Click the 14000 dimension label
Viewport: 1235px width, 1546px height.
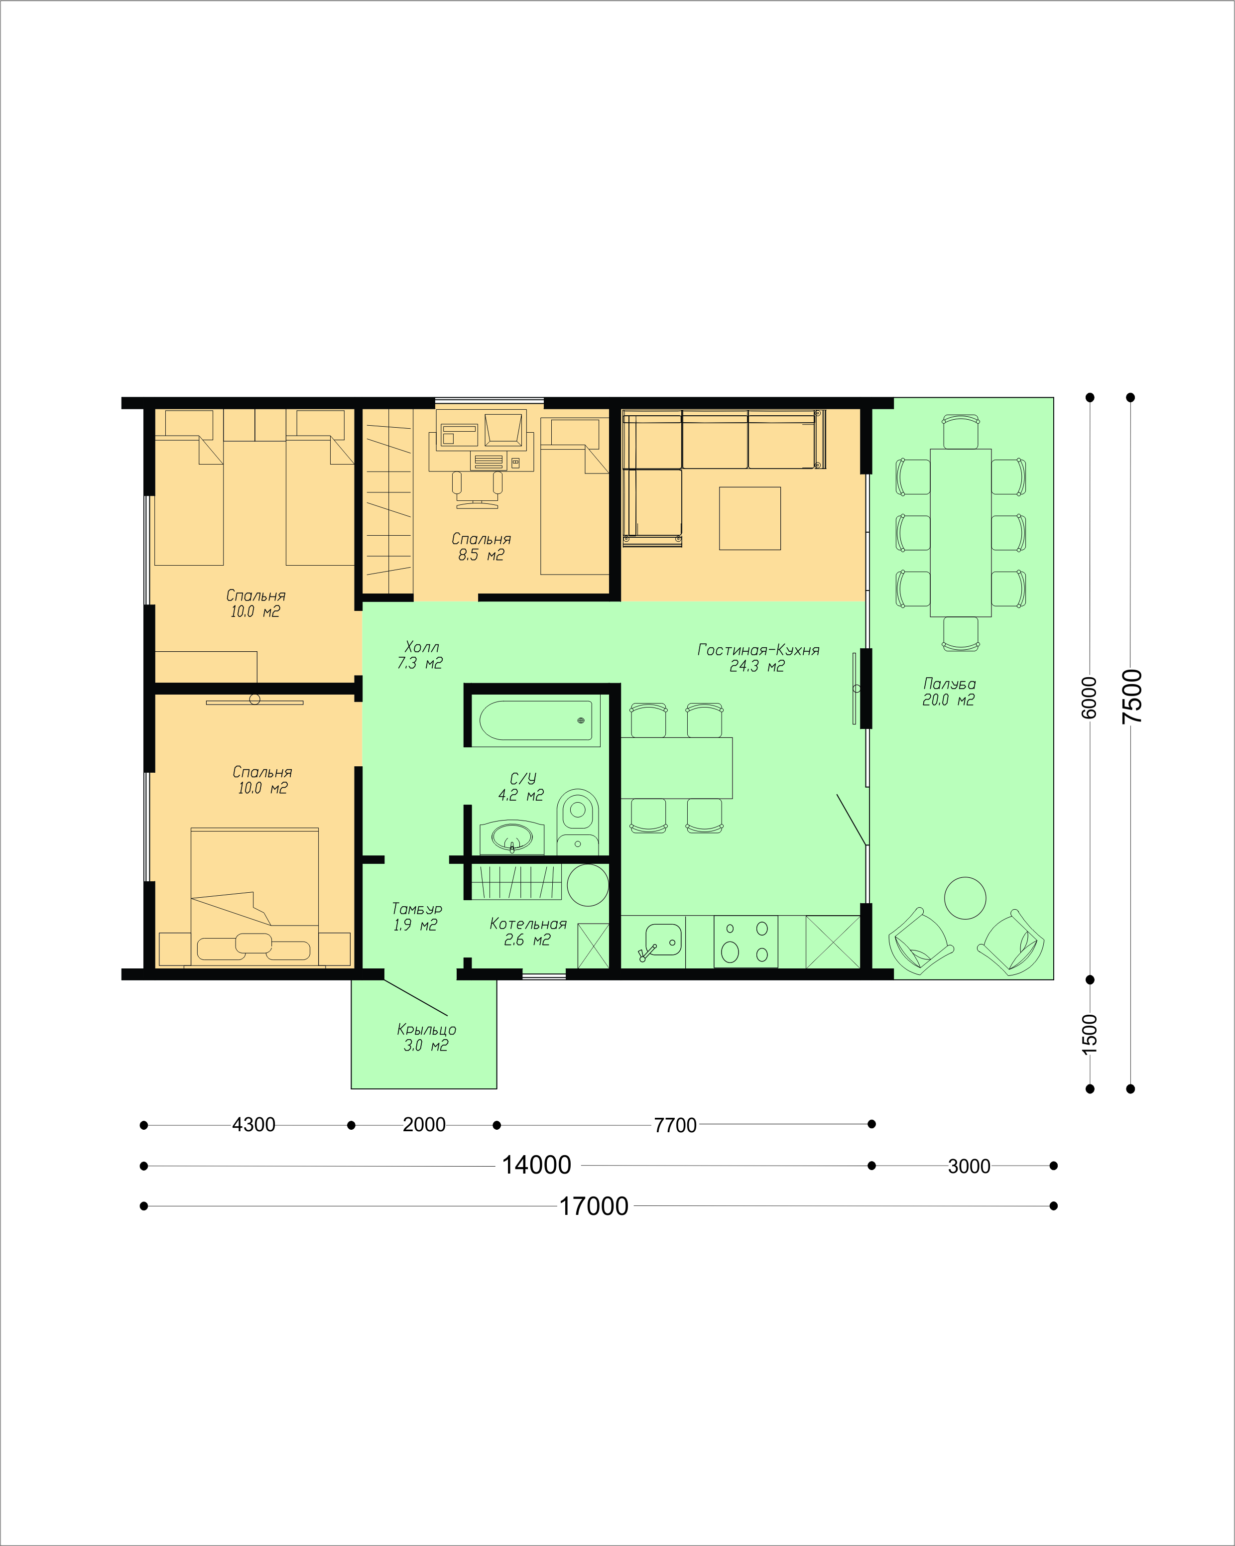[x=536, y=1165]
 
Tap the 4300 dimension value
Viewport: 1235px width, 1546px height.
[x=253, y=1124]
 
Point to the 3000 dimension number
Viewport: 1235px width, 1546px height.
[x=969, y=1166]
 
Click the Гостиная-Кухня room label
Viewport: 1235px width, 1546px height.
[x=758, y=650]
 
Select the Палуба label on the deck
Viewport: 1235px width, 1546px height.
[x=950, y=683]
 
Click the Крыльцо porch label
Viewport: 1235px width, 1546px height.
[x=427, y=1030]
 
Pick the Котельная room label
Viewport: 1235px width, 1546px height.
[x=528, y=924]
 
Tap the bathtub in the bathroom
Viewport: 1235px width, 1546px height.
[x=536, y=720]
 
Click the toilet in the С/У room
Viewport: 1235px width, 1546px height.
[x=577, y=823]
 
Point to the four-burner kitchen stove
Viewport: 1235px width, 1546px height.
[x=746, y=942]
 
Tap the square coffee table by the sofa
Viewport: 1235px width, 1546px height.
[x=749, y=518]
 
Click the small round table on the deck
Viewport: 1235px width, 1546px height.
[x=965, y=898]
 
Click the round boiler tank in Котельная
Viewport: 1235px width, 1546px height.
[x=588, y=885]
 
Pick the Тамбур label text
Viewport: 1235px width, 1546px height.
[x=417, y=909]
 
